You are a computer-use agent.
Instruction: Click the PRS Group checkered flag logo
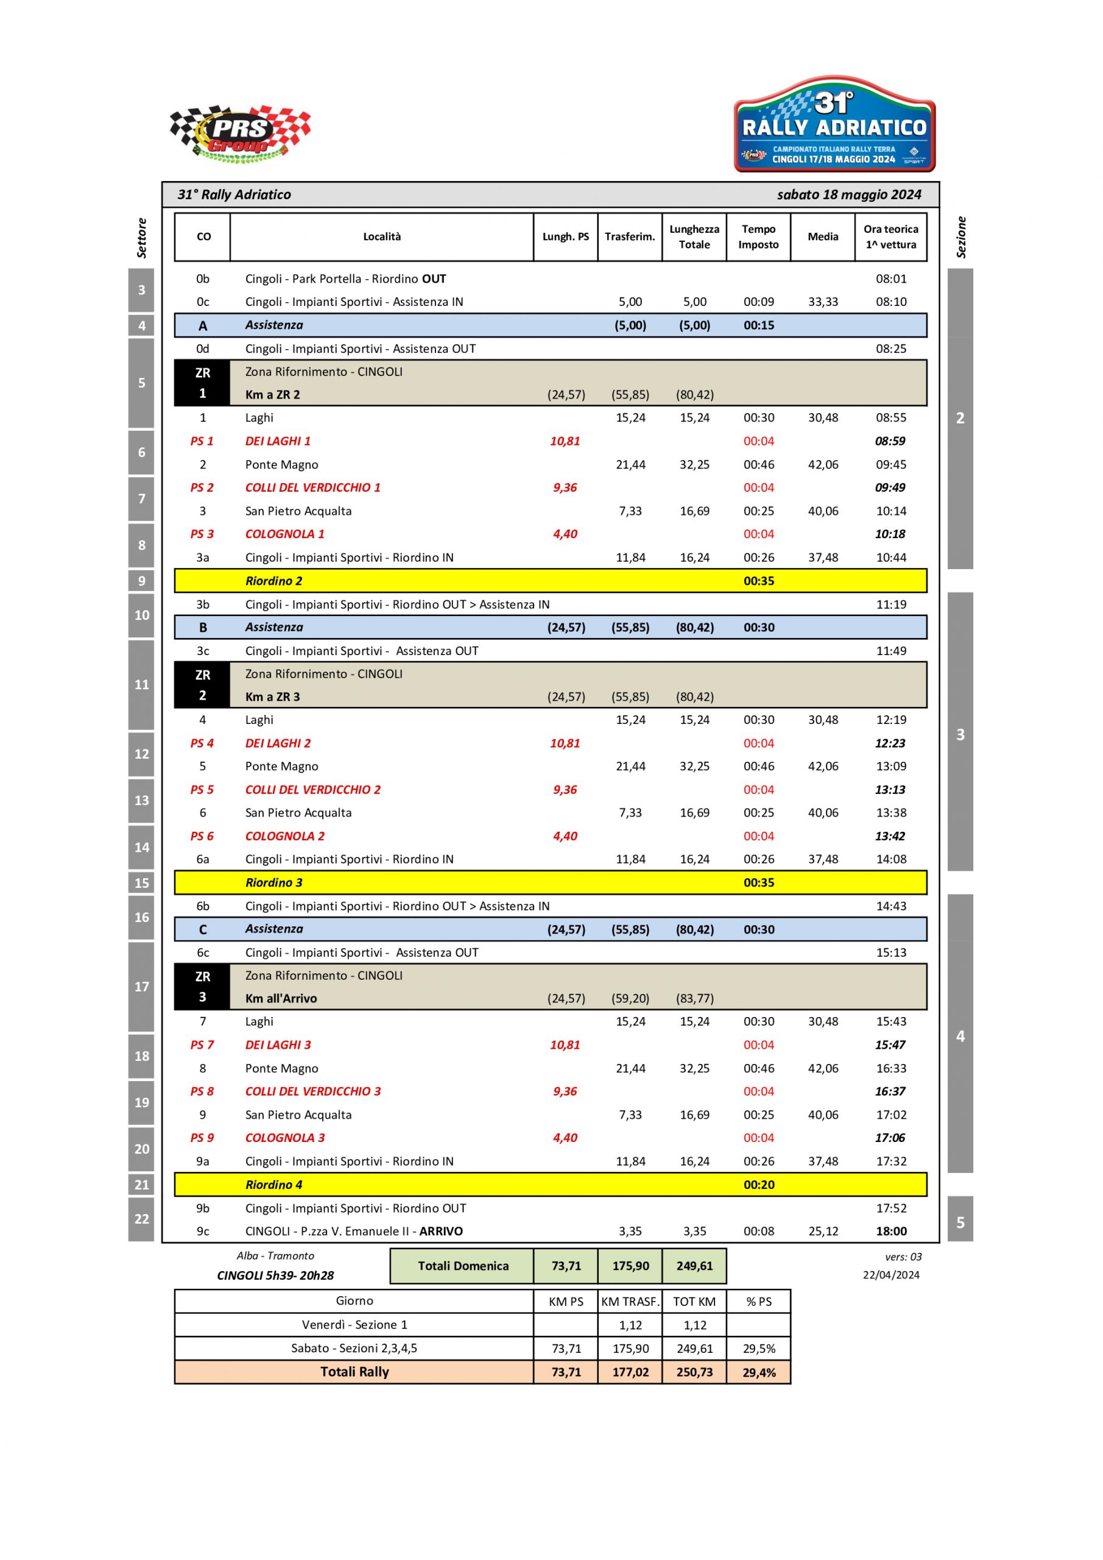tap(240, 134)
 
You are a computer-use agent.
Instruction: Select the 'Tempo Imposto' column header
tap(758, 237)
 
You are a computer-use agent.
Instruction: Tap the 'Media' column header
tap(822, 237)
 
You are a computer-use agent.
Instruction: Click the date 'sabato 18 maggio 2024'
tap(848, 195)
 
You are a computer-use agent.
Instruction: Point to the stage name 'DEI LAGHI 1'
tap(278, 441)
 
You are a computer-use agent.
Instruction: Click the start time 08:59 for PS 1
tap(890, 441)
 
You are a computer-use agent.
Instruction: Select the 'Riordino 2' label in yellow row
tap(273, 581)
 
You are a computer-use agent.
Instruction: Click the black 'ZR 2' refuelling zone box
tap(202, 685)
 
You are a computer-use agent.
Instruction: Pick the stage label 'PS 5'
tap(202, 790)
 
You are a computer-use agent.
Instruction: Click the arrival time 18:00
tap(891, 1231)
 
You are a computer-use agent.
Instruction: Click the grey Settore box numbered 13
tap(141, 800)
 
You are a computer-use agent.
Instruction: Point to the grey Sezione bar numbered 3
tap(960, 734)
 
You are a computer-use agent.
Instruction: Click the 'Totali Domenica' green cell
tap(462, 1266)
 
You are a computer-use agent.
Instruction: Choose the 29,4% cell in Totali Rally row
tap(759, 1372)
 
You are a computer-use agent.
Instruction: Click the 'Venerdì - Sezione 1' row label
tap(354, 1325)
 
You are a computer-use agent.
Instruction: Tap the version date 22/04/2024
tap(890, 1275)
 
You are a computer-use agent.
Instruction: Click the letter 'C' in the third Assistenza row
tap(202, 929)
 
